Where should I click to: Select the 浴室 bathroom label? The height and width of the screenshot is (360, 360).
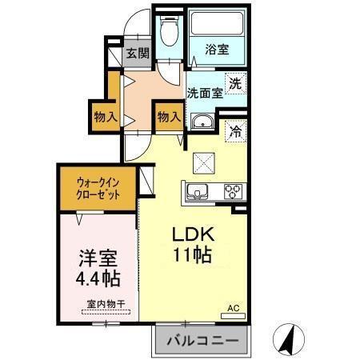[216, 50]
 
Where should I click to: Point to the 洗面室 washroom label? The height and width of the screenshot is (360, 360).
[204, 93]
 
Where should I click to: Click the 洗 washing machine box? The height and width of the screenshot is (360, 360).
[234, 82]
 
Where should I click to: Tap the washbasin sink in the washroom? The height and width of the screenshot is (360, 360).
[201, 121]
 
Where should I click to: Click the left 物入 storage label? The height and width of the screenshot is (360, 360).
[106, 117]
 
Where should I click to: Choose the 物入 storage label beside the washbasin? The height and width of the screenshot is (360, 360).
[168, 117]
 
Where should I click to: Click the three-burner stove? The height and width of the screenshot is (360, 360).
[234, 191]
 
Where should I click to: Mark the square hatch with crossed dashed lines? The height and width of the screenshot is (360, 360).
[204, 162]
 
